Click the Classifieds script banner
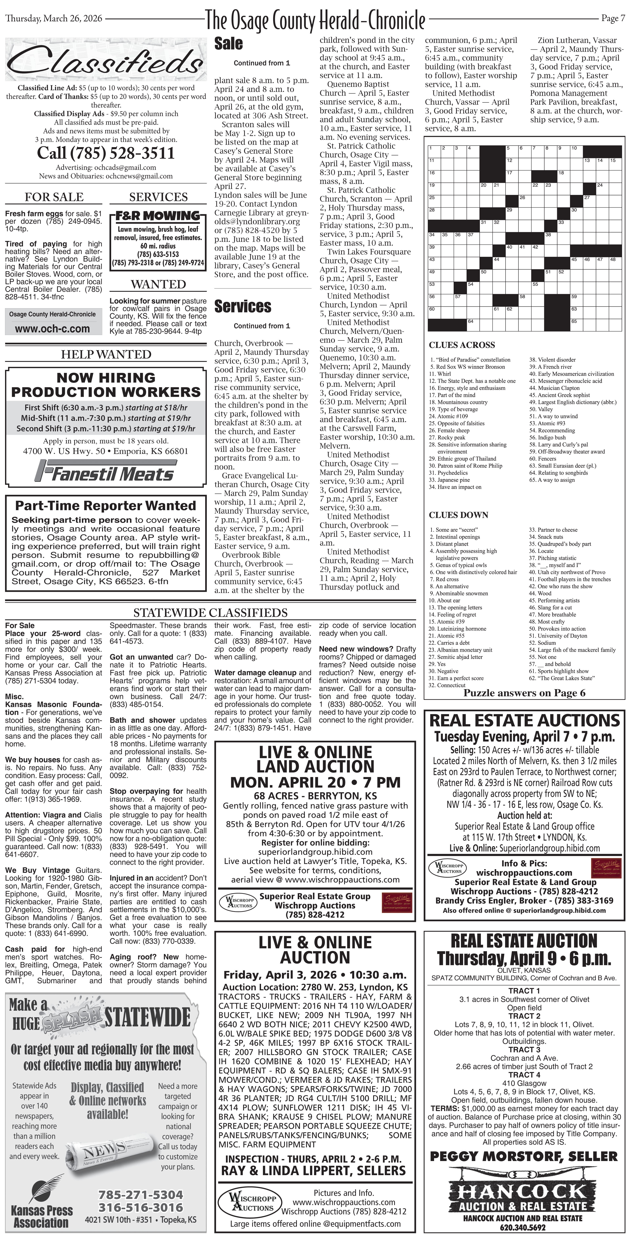105,61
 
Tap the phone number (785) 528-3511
106,153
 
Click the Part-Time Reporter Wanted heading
105,506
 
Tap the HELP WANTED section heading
106,355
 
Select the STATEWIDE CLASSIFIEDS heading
210,613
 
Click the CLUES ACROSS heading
462,345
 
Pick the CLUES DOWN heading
458,515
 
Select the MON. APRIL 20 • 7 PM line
315,782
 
